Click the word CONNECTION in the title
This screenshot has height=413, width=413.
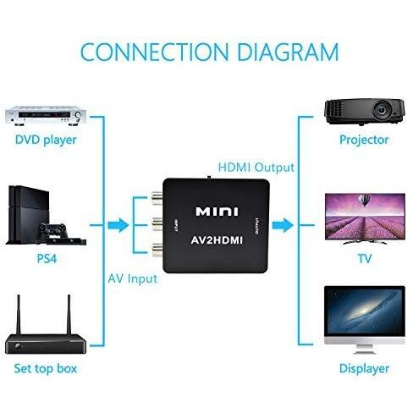[155, 52]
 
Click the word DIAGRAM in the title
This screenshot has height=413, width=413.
[288, 52]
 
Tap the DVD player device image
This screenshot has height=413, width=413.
[46, 115]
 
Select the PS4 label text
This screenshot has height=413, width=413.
[47, 258]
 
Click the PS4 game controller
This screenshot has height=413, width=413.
[52, 229]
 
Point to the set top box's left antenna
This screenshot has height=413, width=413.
[19, 315]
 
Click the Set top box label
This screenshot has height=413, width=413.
[46, 368]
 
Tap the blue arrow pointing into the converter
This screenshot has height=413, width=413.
[118, 225]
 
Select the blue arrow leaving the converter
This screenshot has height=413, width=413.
[283, 225]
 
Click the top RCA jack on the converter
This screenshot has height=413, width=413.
[157, 197]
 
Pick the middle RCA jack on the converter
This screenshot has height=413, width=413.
[157, 224]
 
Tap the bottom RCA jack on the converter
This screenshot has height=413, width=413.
[157, 250]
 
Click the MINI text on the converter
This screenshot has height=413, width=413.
[217, 212]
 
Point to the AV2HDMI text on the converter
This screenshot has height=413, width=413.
[217, 240]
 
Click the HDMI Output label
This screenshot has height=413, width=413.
[256, 168]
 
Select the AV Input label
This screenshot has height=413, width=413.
[133, 278]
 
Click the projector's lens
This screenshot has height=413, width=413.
[382, 109]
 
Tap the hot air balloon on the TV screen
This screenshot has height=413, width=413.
[364, 200]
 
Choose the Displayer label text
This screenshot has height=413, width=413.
[364, 368]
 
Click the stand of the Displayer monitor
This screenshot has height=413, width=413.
[364, 350]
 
